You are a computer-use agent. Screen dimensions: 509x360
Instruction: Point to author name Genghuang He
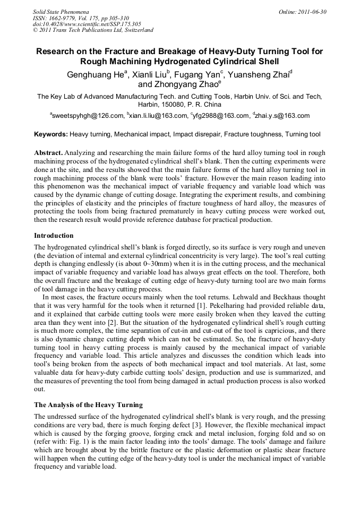pos(95,75)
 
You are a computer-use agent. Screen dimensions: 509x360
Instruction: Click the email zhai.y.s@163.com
pos(281,116)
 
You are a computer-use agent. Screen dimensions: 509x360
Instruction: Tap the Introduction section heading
pos(54,235)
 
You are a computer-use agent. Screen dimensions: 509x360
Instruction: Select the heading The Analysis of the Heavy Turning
pos(88,405)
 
